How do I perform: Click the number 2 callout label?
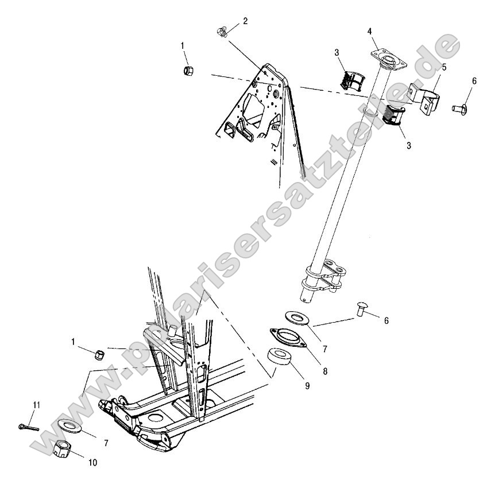(245, 21)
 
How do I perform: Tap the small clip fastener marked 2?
(223, 32)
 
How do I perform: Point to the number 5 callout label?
(444, 67)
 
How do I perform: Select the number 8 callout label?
(325, 371)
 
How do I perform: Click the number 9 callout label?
(307, 386)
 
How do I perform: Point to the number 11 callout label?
(36, 405)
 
